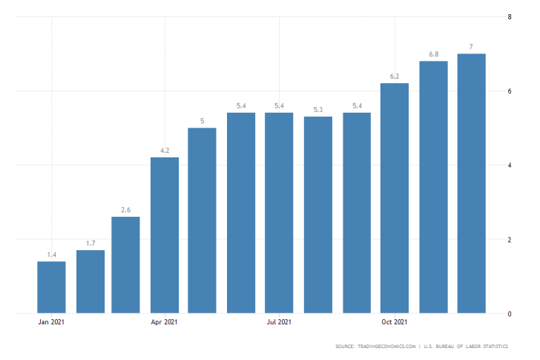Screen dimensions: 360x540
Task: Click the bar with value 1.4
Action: [51, 287]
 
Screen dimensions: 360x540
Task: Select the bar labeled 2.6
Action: [126, 265]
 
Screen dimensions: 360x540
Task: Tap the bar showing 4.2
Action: [165, 235]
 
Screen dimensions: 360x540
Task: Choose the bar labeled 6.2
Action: [395, 198]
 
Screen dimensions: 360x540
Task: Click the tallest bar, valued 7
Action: [472, 183]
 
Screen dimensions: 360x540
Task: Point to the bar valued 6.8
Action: [433, 187]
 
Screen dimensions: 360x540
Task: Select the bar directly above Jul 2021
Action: [279, 213]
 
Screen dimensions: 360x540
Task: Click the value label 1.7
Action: [90, 243]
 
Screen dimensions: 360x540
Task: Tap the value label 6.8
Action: [433, 54]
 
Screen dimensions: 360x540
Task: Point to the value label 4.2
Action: [165, 151]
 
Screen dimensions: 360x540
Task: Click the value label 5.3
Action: [318, 110]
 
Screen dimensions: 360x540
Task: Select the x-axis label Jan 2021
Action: [51, 322]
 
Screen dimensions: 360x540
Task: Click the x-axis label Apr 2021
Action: [165, 322]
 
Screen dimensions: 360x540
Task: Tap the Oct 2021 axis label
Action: [395, 322]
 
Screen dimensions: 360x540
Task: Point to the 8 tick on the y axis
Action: [508, 17]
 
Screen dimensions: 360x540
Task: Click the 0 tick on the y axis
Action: [508, 314]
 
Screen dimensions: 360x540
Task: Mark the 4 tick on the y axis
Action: [508, 166]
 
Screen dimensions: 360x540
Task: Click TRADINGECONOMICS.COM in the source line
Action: [385, 347]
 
